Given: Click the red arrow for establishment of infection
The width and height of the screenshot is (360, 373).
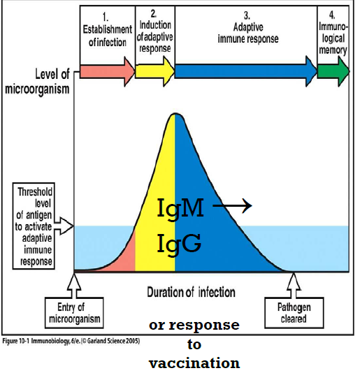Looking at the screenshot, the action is click(x=107, y=72).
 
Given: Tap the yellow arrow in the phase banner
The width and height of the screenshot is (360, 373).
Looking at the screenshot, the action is click(x=154, y=72).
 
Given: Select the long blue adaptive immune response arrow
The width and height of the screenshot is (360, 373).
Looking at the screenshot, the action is click(x=246, y=72).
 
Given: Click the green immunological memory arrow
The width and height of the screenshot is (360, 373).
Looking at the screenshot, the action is click(x=333, y=72).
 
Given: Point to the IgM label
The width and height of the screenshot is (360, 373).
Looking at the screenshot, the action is click(x=180, y=209).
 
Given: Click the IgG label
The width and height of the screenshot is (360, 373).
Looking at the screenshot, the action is click(x=179, y=244).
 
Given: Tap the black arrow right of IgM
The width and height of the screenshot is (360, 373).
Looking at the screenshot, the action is click(x=232, y=205).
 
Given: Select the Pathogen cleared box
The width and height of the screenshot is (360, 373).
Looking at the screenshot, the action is click(x=294, y=313).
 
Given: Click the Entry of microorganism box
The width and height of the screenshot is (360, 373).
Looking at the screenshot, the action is click(x=74, y=313).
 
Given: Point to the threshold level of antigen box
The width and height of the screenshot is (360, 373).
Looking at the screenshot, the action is click(x=34, y=226).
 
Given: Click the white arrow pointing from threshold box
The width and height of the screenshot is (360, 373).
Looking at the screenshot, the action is click(x=64, y=226).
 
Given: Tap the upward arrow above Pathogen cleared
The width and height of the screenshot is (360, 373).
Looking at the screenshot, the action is click(x=294, y=286).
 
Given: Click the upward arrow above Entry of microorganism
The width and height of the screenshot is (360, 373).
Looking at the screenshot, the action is click(x=74, y=286).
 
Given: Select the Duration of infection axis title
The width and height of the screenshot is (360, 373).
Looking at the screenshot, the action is click(x=192, y=292).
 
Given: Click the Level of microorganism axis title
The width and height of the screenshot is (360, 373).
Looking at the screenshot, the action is click(x=37, y=81).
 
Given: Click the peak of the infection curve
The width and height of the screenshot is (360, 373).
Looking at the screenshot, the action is click(x=175, y=114).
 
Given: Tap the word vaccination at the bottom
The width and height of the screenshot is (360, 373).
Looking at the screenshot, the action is click(x=194, y=363).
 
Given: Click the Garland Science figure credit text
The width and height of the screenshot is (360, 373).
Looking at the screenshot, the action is click(x=71, y=341).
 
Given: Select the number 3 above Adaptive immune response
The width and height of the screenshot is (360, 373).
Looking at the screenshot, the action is click(x=247, y=15).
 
